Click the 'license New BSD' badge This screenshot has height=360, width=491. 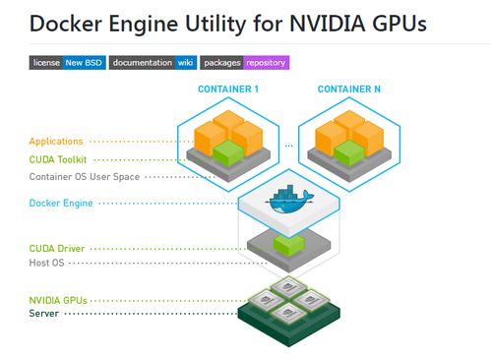coord(68,63)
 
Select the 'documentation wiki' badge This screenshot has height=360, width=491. coord(153,63)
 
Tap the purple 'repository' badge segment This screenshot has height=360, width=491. coord(266,63)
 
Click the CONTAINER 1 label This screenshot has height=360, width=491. coord(228,89)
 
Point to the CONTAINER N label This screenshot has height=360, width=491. coord(349,89)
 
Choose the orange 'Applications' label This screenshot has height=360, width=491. coord(56,142)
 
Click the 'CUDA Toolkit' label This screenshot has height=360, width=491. coord(58,159)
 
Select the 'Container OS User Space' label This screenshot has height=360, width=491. coord(85,177)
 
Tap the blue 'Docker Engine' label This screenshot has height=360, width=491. coord(61,203)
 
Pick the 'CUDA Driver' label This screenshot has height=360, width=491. coord(57,249)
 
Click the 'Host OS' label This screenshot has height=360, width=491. coord(46,263)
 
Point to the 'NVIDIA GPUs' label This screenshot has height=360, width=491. coord(58,300)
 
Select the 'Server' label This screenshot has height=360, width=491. coord(44,313)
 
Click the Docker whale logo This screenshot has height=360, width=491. coord(289,200)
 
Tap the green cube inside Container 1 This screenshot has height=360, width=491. coord(228,152)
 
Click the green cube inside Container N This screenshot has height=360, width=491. coord(349,152)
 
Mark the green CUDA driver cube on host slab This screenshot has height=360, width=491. coord(289,245)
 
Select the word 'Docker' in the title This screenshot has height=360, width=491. coord(66,24)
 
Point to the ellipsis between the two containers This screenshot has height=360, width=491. coord(289,146)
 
